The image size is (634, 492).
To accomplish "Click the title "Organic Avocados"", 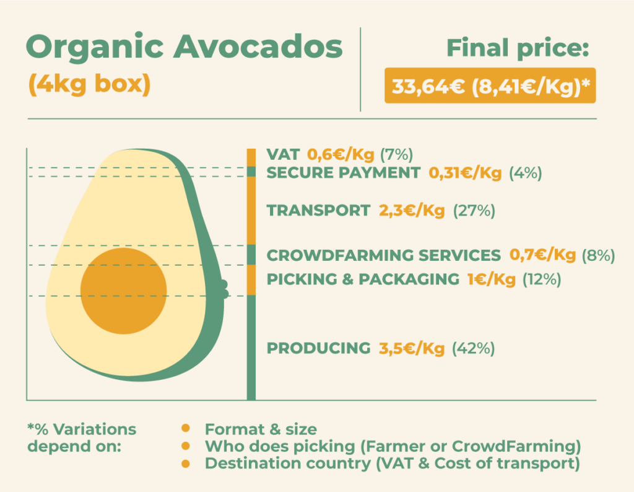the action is coord(185,47).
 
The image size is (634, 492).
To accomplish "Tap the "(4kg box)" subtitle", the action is coord(89,84).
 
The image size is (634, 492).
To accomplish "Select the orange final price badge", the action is coord(490,86).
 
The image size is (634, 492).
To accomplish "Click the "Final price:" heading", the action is coord(518,48).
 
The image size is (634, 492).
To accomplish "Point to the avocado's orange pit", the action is coord(123,291).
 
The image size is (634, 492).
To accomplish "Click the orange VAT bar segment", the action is coord(251,158).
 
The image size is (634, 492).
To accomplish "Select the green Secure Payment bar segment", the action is coord(251,172).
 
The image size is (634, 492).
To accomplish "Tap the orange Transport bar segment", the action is coord(251,211).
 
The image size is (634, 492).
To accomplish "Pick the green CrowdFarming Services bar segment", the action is coord(251,255).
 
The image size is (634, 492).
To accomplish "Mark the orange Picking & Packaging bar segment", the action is coord(251,280).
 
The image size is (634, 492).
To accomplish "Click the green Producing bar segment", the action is coord(251,348).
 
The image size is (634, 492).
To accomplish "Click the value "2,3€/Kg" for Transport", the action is coord(412,211).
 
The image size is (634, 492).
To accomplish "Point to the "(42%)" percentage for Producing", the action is coord(473,348).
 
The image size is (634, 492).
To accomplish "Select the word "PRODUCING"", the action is coord(319,348).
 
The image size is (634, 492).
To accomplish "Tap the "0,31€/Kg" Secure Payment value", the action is coord(465,173).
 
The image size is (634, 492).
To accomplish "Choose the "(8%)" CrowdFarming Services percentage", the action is coord(599,255).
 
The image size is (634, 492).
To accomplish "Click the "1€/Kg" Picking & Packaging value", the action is coord(491,279).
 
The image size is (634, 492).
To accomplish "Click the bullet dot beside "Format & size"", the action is coord(186,428).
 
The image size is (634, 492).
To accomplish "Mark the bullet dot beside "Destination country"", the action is coord(186,463).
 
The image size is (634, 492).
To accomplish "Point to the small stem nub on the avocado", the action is coord(224,289).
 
